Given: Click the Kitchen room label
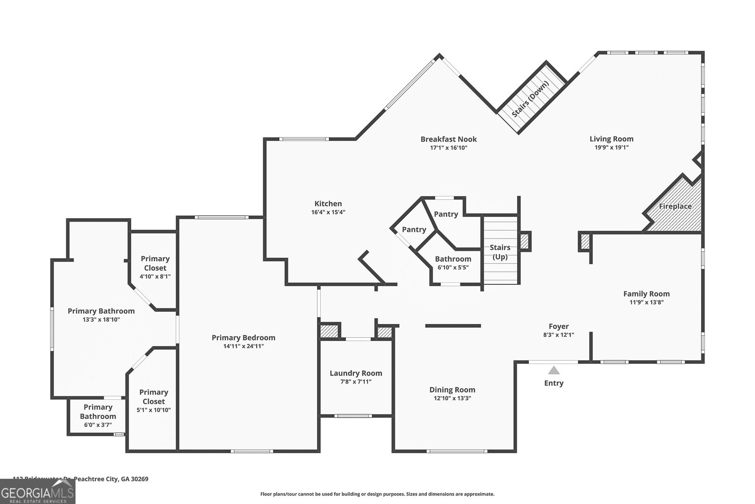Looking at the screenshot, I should [x=328, y=204].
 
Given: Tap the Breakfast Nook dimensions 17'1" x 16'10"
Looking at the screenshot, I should [x=448, y=148].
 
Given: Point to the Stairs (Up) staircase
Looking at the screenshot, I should [x=500, y=252].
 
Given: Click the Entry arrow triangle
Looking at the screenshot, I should [x=554, y=370].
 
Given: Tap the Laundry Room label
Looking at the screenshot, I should [x=356, y=373].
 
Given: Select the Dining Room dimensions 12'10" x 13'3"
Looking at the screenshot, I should [x=452, y=398].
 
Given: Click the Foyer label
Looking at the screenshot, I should [x=559, y=326].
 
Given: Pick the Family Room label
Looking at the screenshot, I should [x=646, y=294].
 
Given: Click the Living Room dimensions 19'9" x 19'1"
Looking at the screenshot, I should [x=611, y=148].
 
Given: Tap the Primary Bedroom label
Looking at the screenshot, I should [x=243, y=338].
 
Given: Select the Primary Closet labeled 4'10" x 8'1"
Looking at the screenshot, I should [x=155, y=267].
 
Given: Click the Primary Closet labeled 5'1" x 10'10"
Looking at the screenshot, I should [x=154, y=401].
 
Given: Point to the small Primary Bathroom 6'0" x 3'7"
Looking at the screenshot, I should [x=98, y=416].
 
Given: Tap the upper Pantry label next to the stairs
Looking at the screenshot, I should [x=445, y=214].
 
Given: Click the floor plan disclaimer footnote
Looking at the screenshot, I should [x=377, y=494].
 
